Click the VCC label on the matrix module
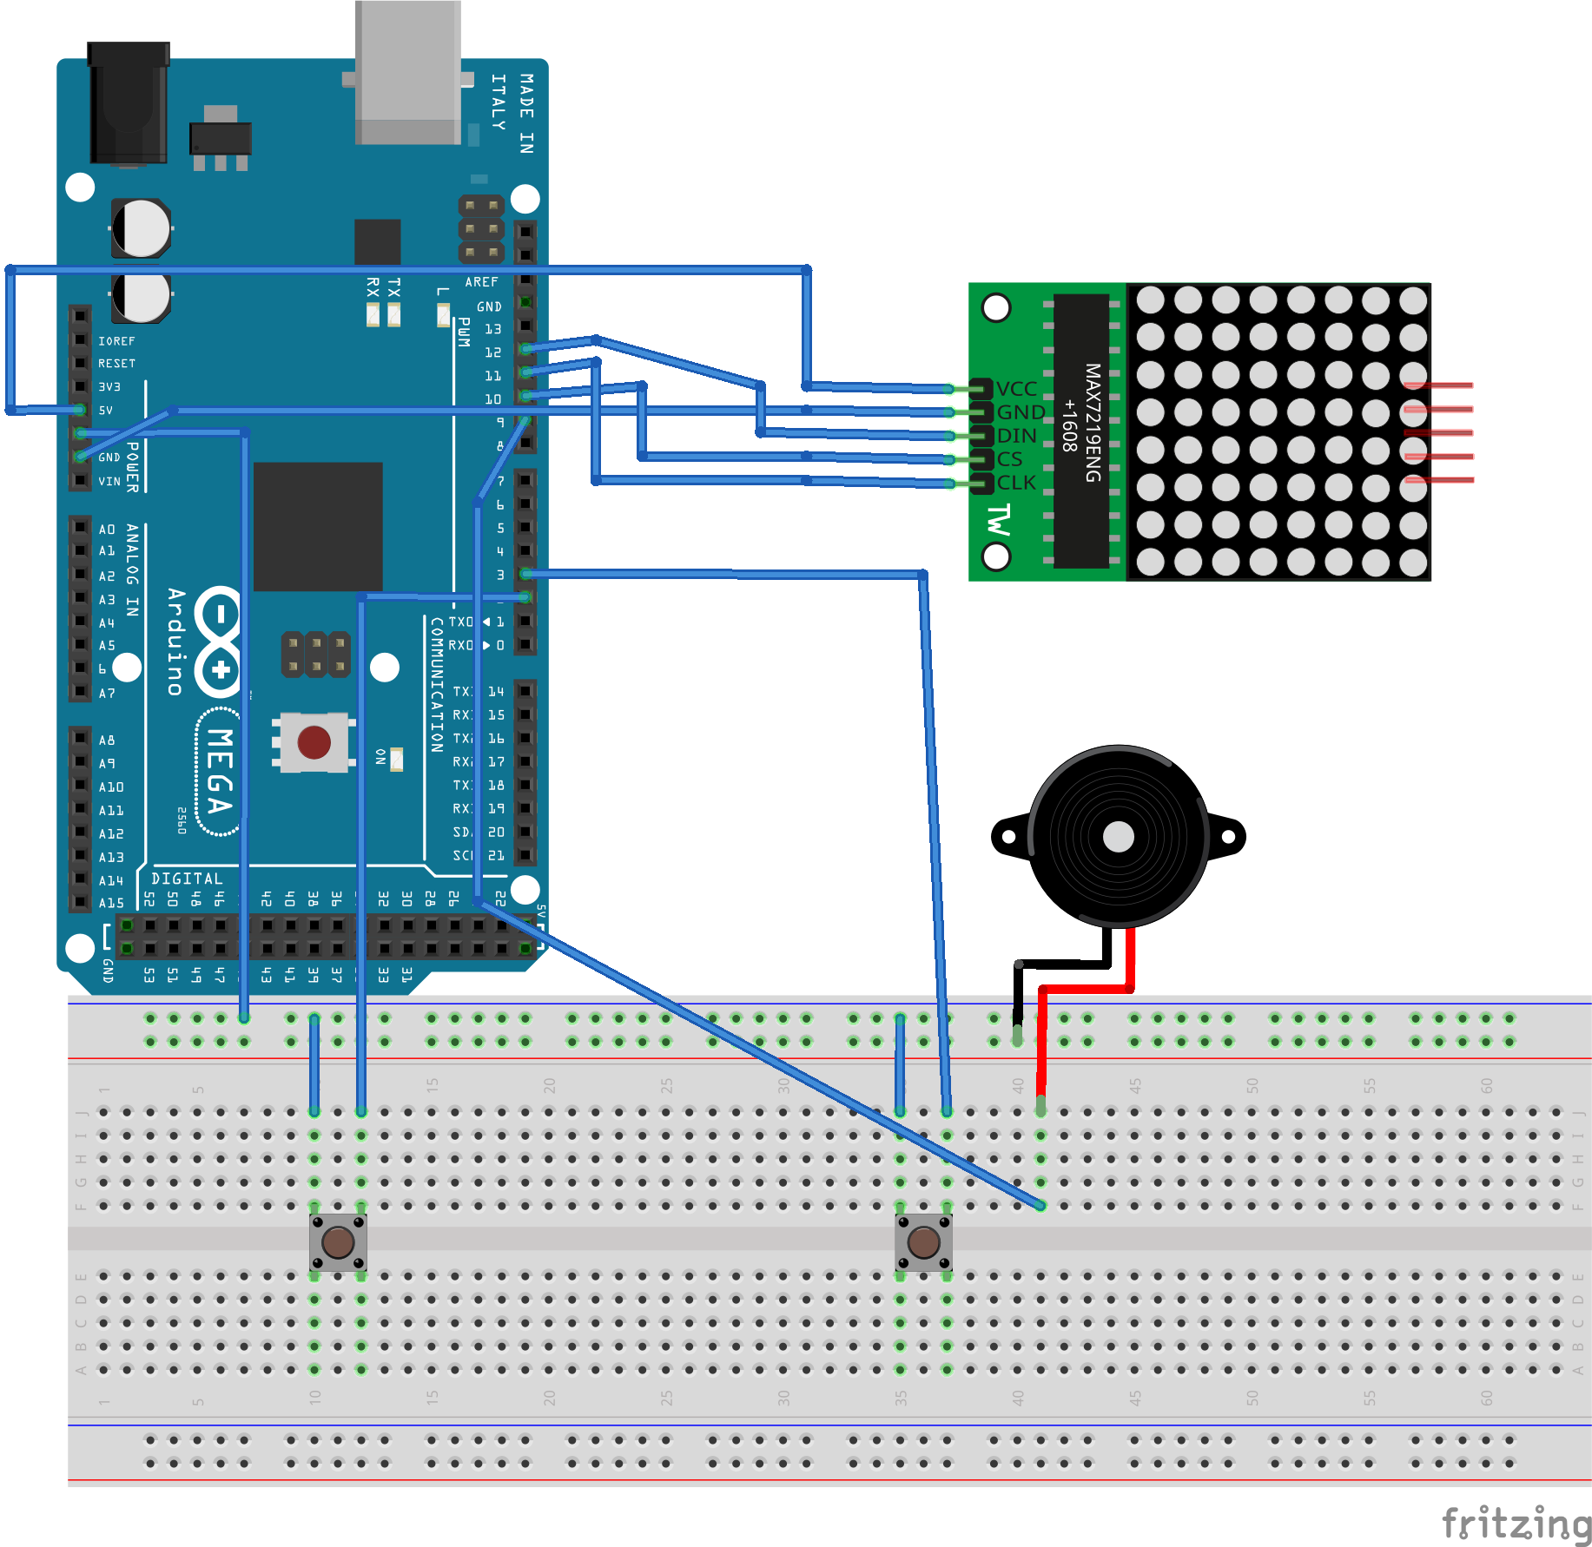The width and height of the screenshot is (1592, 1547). tap(1016, 388)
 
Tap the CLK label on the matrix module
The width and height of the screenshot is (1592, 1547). tap(1016, 483)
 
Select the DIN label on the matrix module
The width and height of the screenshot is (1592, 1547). tap(1016, 436)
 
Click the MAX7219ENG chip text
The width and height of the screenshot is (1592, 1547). tap(1092, 423)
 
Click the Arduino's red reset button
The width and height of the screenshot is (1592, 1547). tap(314, 742)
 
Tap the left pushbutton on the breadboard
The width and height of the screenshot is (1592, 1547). tap(338, 1242)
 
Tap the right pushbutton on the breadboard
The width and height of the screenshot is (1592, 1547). tap(923, 1242)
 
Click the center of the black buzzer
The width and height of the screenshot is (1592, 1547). tap(1118, 837)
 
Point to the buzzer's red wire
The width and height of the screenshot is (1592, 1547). tap(1086, 989)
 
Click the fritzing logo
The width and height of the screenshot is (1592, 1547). tap(1516, 1524)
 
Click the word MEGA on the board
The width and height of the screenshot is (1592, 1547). tap(219, 771)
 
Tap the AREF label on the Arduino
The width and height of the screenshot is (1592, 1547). tap(481, 282)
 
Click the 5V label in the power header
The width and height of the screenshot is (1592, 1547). tap(105, 410)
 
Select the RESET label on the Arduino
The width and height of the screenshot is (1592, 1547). tap(116, 364)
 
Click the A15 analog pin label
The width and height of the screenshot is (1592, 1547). tap(111, 903)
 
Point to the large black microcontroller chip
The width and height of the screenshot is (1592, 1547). tap(318, 526)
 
